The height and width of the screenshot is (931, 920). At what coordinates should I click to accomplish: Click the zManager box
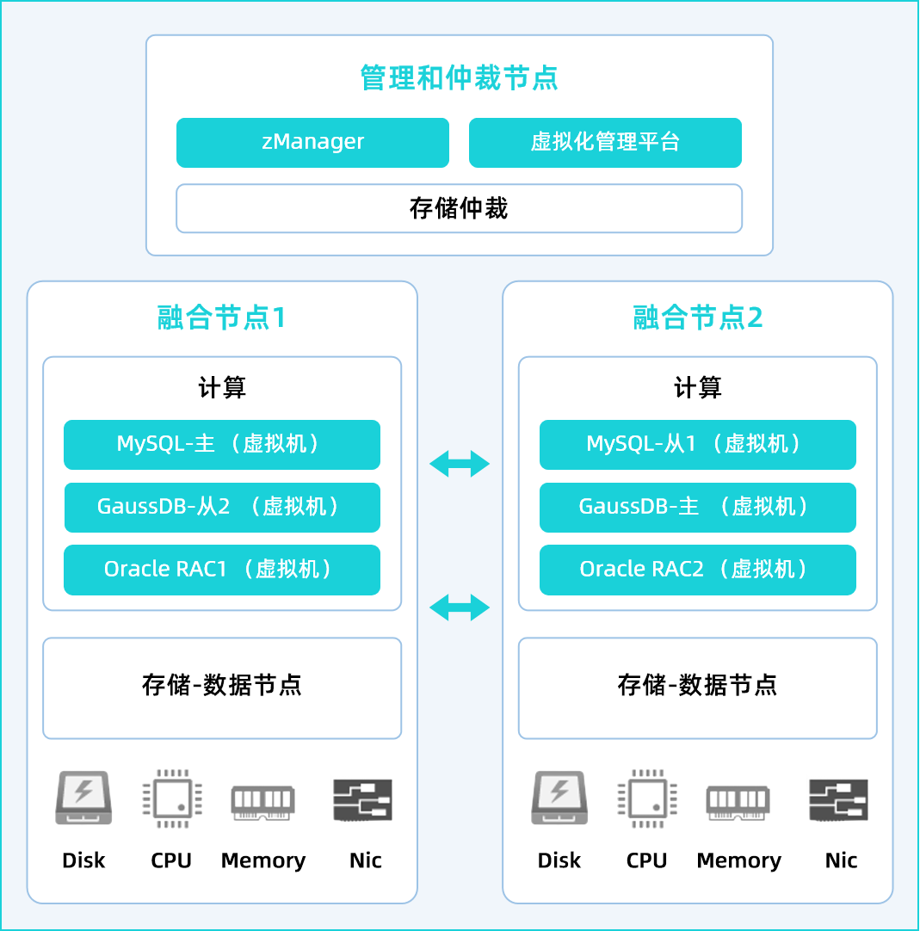click(x=312, y=142)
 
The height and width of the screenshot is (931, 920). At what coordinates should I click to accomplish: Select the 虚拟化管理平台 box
click(x=605, y=142)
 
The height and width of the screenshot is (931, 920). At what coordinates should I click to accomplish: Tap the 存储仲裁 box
click(x=459, y=208)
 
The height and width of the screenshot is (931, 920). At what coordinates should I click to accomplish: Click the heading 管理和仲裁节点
click(x=459, y=78)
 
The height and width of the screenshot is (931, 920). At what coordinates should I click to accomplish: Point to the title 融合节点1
click(x=221, y=318)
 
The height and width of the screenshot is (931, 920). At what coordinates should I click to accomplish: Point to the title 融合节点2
click(x=697, y=318)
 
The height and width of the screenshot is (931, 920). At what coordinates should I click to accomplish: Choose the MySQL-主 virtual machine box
click(x=222, y=444)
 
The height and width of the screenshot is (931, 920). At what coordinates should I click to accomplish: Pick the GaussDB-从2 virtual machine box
click(x=222, y=507)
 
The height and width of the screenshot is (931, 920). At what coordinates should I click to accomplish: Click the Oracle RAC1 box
click(x=222, y=570)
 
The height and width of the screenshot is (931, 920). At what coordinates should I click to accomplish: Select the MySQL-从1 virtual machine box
click(x=697, y=444)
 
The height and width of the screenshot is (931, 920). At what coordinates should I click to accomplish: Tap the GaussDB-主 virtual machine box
click(x=697, y=507)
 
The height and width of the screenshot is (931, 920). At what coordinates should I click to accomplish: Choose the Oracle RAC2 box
click(x=697, y=570)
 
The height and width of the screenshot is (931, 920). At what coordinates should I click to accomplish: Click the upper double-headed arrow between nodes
click(x=460, y=465)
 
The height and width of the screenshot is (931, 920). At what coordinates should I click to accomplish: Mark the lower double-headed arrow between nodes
click(x=460, y=608)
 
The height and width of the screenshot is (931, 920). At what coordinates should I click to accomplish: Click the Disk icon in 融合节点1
click(x=83, y=798)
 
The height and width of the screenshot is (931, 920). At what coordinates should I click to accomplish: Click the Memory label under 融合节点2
click(x=738, y=860)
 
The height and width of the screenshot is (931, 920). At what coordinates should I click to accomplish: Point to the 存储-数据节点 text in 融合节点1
click(x=222, y=686)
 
